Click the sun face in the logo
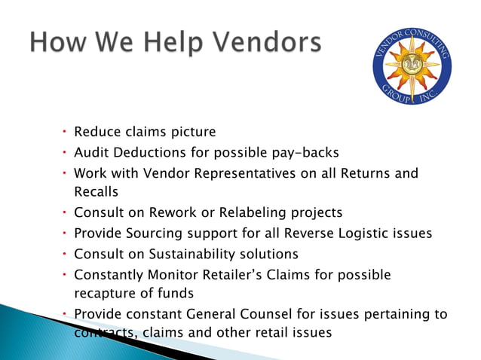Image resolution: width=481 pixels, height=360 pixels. point(412,67)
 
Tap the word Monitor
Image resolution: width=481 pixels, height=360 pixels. point(171,275)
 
